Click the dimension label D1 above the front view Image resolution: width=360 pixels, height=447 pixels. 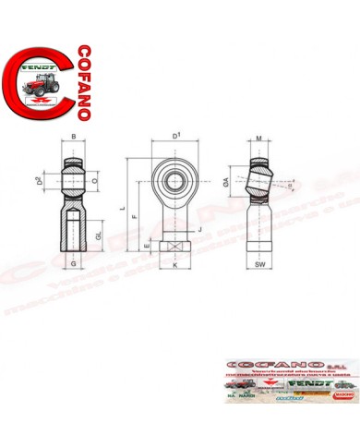point(175,137)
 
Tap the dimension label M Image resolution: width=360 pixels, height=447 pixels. point(259,139)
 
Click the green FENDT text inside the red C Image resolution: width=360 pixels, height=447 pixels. point(40,68)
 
